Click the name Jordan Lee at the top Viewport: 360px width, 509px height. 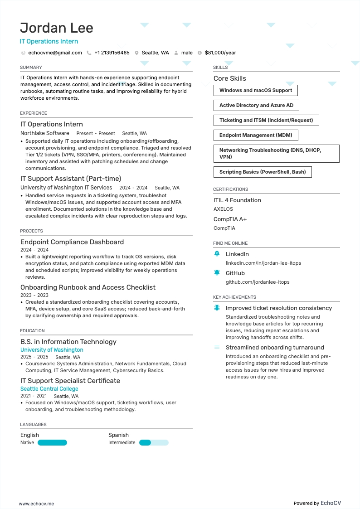[57, 28]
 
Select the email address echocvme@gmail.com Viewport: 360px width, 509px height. [55, 53]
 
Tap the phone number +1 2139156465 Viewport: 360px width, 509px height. [112, 53]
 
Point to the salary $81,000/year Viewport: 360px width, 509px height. [220, 53]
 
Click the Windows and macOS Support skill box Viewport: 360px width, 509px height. [255, 91]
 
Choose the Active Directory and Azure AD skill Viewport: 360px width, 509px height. [256, 106]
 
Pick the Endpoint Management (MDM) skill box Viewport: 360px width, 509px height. [256, 136]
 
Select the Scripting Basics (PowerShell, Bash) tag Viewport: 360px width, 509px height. [263, 172]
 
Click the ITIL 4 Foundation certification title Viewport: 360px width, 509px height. [237, 200]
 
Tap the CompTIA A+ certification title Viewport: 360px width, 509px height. [230, 219]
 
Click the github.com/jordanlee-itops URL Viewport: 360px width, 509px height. [258, 282]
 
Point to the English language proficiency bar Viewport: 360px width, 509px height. [52, 443]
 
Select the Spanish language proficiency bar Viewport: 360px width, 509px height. [154, 443]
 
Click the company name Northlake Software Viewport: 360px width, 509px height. [45, 133]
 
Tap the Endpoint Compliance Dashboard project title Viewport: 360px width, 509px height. [72, 242]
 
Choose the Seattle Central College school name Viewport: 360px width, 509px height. [49, 389]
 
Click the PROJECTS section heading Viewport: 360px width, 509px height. [31, 231]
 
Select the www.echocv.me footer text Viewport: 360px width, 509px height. [36, 504]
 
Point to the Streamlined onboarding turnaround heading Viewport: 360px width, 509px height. [275, 348]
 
